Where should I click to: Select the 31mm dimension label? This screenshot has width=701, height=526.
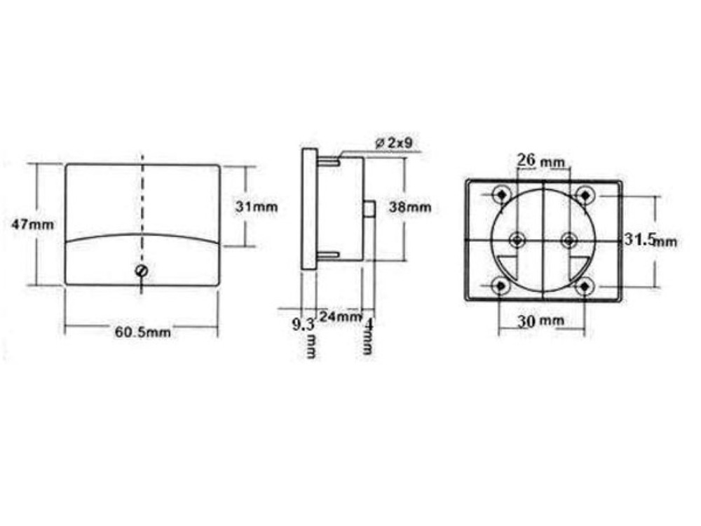257,207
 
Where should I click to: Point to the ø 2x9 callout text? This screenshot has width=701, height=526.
397,143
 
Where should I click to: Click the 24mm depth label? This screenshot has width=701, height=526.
339,316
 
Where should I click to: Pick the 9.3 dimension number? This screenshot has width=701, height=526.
302,325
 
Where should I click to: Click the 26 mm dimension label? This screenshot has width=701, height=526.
540,160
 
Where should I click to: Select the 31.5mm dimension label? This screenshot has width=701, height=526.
651,240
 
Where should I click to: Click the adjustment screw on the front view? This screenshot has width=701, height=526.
142,271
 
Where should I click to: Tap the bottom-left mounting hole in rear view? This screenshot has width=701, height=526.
500,286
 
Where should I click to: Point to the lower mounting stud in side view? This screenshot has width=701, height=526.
328,255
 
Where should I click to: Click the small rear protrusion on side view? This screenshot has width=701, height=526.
369,209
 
